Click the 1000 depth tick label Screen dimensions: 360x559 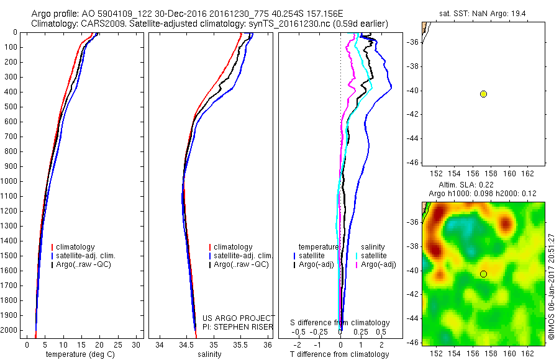11,181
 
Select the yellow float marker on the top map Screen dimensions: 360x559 483,94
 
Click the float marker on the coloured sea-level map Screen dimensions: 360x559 483,274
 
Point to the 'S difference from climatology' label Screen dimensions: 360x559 340,323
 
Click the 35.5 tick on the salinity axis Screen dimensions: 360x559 240,345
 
